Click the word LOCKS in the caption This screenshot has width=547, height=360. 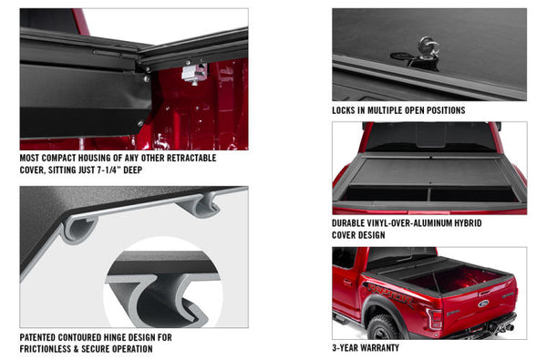348,110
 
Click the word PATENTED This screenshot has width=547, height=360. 41,336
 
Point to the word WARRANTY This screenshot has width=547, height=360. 381,346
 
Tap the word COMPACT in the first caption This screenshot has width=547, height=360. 60,157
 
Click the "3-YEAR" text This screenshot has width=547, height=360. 346,346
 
